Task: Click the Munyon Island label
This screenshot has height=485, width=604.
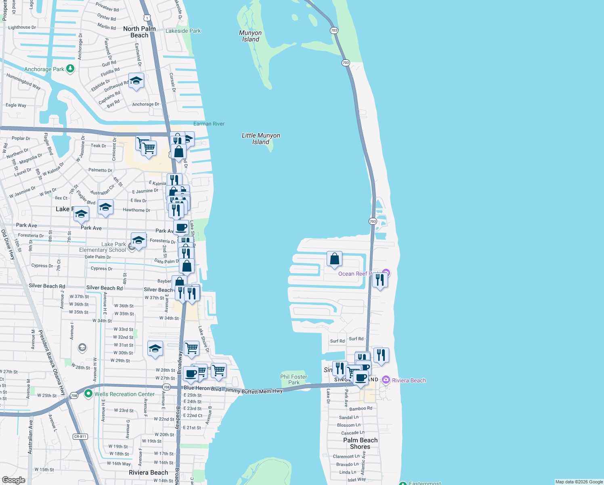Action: click(x=250, y=36)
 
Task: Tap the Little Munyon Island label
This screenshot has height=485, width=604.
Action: click(x=261, y=139)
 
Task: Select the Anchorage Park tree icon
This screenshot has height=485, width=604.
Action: click(x=71, y=69)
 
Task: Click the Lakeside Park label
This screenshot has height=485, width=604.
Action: click(x=183, y=31)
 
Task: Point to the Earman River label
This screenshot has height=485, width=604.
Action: click(x=209, y=124)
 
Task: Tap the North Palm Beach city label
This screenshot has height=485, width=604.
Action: click(x=139, y=32)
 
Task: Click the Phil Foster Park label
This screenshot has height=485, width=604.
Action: click(x=294, y=380)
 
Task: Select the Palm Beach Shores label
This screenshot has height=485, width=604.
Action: click(x=360, y=443)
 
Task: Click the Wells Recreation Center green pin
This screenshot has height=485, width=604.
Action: click(x=88, y=394)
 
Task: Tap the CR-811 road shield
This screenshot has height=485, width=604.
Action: click(x=80, y=436)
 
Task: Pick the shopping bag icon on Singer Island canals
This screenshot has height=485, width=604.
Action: click(x=335, y=259)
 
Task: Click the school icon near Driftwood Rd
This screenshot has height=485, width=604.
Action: click(x=136, y=81)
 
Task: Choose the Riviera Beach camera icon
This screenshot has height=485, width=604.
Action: click(x=386, y=380)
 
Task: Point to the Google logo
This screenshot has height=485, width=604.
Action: click(x=14, y=480)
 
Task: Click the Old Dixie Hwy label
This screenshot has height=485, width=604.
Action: click(x=8, y=245)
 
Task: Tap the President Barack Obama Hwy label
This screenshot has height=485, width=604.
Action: click(x=52, y=363)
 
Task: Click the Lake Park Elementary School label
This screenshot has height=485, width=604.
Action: click(x=103, y=247)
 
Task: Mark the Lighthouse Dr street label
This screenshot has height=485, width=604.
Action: click(x=22, y=27)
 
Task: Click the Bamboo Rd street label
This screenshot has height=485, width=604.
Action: click(x=361, y=409)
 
